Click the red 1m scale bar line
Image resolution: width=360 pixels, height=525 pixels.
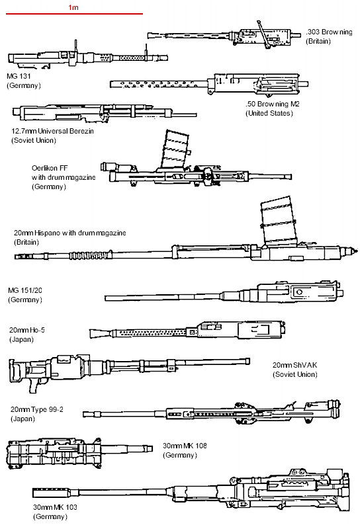(x=73, y=14)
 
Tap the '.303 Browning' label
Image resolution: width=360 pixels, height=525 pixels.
(x=329, y=32)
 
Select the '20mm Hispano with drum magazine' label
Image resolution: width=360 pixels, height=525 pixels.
(x=69, y=233)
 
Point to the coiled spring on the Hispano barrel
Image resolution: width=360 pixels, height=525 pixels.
(x=87, y=254)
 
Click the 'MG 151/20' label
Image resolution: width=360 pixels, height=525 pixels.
(x=26, y=291)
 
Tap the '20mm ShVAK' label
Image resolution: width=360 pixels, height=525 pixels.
(x=295, y=365)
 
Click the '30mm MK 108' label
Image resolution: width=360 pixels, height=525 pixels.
(x=184, y=446)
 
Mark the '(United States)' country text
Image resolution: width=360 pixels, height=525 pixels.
(x=269, y=114)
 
